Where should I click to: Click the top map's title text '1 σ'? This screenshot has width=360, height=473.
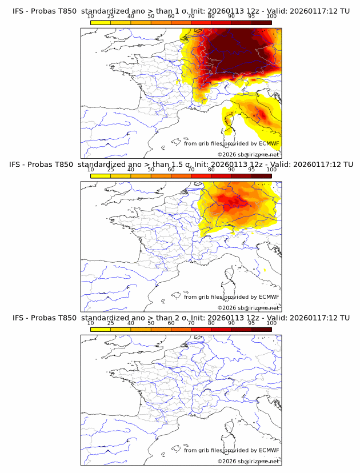click(x=185, y=10)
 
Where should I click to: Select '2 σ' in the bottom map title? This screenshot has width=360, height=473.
click(x=185, y=318)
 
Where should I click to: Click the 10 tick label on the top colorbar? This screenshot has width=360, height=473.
click(x=91, y=16)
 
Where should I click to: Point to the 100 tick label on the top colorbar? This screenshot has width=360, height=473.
click(x=271, y=16)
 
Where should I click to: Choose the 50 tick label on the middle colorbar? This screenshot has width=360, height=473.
click(x=151, y=170)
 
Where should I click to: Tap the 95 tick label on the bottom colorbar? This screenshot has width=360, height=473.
click(x=251, y=323)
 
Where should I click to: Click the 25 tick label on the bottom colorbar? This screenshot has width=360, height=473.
click(x=111, y=323)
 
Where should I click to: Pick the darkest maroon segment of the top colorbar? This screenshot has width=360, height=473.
click(x=261, y=22)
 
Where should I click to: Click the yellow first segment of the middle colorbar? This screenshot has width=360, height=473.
click(x=101, y=176)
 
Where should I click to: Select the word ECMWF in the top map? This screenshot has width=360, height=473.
click(x=269, y=144)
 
